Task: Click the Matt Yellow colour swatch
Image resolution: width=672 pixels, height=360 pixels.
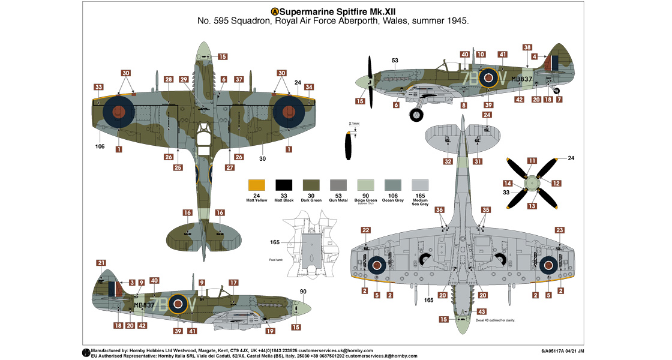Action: pyautogui.click(x=257, y=185)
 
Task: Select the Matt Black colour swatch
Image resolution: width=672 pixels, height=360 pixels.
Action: pyautogui.click(x=284, y=185)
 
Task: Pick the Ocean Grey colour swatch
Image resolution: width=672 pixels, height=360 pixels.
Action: pyautogui.click(x=394, y=185)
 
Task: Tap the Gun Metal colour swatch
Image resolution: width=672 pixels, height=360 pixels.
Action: pyautogui.click(x=339, y=185)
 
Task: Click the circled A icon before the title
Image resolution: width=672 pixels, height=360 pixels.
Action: pyautogui.click(x=275, y=11)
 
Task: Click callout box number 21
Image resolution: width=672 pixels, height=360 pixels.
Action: pyautogui.click(x=101, y=263)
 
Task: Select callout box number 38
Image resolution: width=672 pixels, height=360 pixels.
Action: pyautogui.click(x=527, y=47)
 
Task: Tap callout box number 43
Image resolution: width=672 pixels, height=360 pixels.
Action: pyautogui.click(x=482, y=311)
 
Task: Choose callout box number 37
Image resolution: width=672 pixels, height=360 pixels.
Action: pyautogui.click(x=239, y=79)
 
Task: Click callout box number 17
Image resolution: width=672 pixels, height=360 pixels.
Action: pyautogui.click(x=233, y=282)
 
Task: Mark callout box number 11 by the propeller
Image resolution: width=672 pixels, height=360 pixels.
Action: pyautogui.click(x=532, y=160)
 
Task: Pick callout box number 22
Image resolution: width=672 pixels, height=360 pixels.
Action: pyautogui.click(x=365, y=230)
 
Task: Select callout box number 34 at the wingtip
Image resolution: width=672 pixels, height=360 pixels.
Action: pyautogui.click(x=309, y=87)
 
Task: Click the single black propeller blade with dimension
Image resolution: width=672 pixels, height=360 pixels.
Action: pyautogui.click(x=349, y=146)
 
